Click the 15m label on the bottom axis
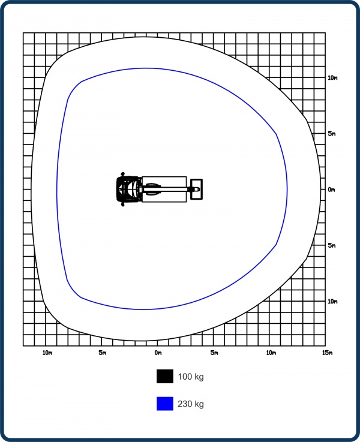(327, 353)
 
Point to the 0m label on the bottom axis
(158, 353)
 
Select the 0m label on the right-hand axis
(332, 190)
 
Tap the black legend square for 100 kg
(165, 376)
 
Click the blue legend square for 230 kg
(165, 404)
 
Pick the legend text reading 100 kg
(191, 377)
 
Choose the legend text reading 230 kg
(191, 404)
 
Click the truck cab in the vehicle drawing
(129, 189)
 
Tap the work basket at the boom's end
(196, 189)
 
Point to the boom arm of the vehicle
(166, 189)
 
